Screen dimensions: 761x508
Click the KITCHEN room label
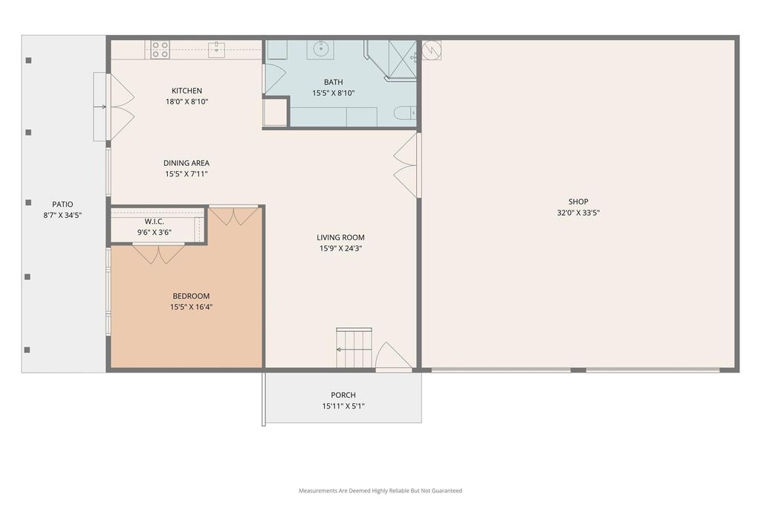[187, 91]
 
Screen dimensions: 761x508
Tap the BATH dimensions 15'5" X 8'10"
[334, 93]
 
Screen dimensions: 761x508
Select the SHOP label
[578, 202]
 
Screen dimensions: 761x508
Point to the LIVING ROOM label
[340, 237]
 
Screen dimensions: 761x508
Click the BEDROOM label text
[191, 296]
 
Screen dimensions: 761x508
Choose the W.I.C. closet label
[155, 222]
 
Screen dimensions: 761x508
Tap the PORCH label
[343, 396]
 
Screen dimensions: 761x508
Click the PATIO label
[62, 205]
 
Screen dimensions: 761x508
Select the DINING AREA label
[187, 163]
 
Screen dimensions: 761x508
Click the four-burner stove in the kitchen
[160, 50]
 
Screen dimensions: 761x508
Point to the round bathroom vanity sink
[320, 49]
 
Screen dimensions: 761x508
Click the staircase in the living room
[354, 348]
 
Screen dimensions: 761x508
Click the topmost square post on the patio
[29, 60]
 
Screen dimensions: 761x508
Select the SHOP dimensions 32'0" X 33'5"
[578, 213]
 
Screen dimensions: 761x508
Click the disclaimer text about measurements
[380, 491]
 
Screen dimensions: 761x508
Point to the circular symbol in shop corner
[432, 50]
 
